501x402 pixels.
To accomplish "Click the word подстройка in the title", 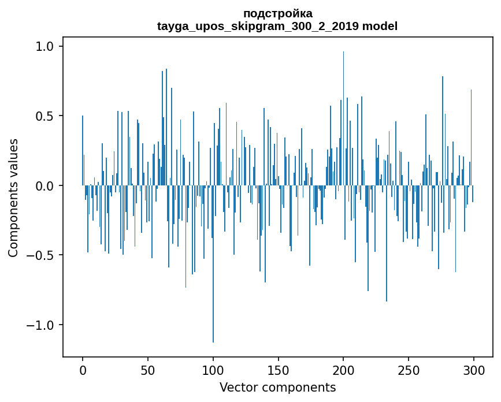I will [277, 13].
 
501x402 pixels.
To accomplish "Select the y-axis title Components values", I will [13, 198].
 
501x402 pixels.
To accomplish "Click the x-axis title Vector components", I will [277, 388].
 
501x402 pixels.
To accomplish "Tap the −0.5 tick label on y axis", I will [44, 255].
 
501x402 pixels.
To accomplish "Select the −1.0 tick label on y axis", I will [44, 325].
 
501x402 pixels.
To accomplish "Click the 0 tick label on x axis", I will [83, 370].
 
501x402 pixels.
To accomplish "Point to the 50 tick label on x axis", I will [148, 370].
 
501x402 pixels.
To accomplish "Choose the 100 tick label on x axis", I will [213, 370].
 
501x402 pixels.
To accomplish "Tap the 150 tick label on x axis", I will [278, 370].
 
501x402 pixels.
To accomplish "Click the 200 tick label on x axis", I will [343, 370].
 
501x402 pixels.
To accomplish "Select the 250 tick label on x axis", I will [409, 370].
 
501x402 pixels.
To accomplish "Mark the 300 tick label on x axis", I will [474, 370].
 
